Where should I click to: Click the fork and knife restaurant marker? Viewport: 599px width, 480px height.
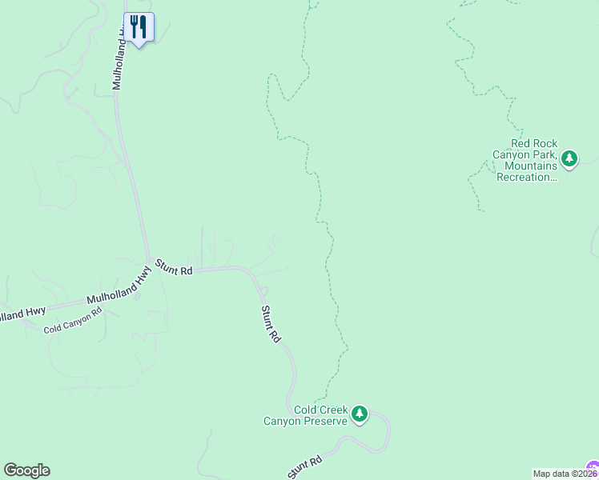click(139, 28)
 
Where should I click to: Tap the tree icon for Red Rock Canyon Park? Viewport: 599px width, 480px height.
click(569, 158)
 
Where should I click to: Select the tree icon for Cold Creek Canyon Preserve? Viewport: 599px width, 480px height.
click(360, 414)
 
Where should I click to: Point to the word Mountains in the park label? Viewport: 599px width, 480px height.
click(530, 166)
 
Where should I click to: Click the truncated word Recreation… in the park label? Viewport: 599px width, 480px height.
click(526, 177)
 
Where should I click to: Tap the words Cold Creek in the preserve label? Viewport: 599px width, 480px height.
click(320, 410)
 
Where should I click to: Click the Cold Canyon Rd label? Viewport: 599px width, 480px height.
click(73, 322)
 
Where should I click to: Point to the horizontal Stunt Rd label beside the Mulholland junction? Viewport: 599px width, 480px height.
click(175, 267)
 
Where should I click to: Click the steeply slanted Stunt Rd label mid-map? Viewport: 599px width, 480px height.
click(271, 324)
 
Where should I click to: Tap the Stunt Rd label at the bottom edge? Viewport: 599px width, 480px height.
click(304, 467)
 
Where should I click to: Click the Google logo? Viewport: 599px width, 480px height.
click(26, 470)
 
